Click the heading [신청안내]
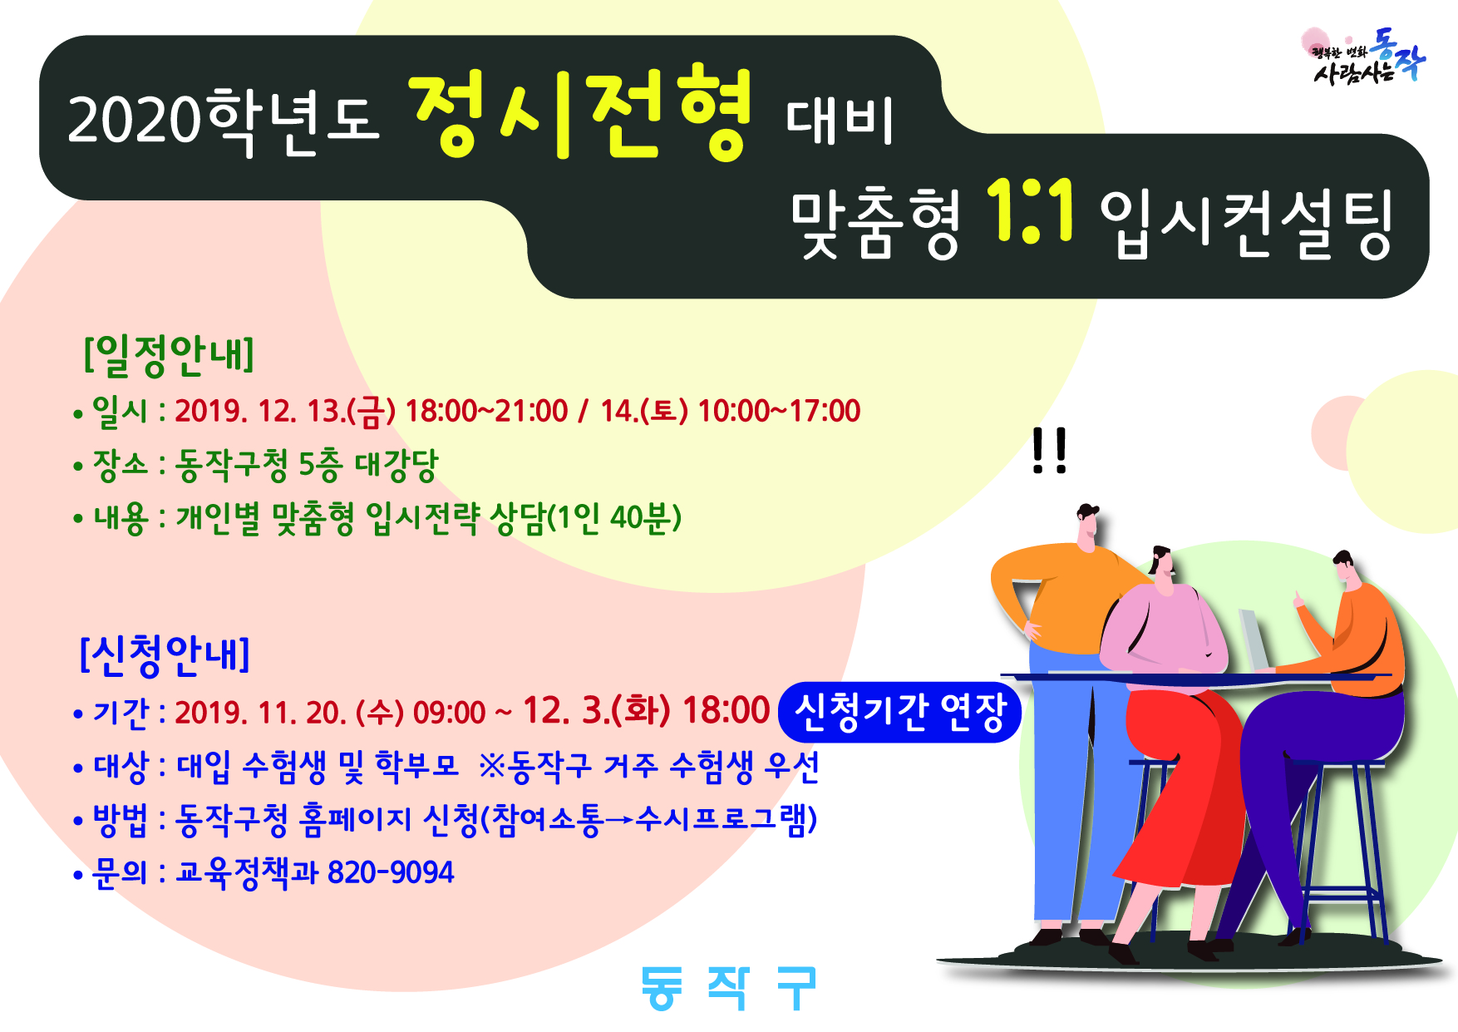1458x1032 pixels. (165, 654)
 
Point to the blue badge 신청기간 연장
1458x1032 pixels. (899, 712)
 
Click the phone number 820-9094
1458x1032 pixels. (391, 872)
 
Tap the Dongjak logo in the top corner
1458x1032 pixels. (1363, 57)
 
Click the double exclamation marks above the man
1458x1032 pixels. (1049, 451)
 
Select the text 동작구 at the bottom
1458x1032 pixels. (729, 989)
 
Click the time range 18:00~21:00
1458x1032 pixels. (486, 411)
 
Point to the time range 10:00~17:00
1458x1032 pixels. (779, 411)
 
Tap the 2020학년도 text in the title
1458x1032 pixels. (223, 121)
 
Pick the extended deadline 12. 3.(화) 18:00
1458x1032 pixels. (646, 711)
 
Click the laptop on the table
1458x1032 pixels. (1254, 639)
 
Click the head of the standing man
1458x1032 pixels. (1086, 525)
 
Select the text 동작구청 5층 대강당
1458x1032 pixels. (307, 465)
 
